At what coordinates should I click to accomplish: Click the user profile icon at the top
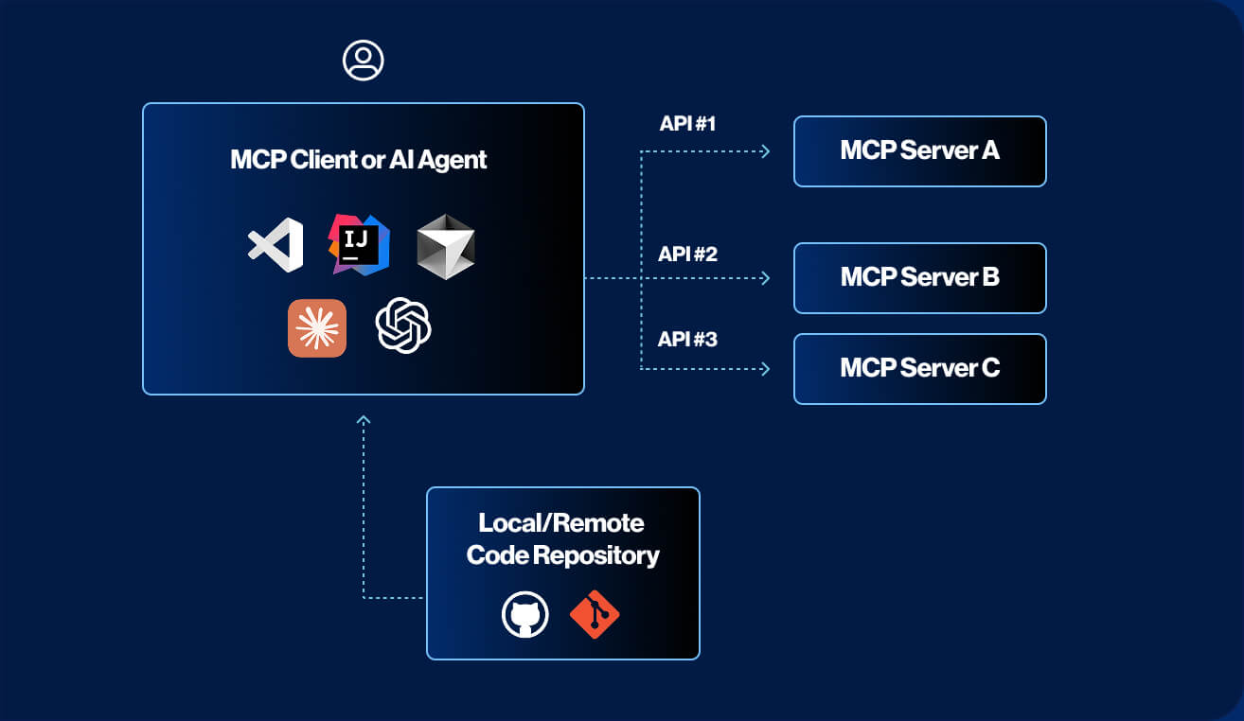(x=363, y=61)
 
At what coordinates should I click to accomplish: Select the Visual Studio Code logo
(x=275, y=245)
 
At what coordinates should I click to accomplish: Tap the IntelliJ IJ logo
(x=359, y=244)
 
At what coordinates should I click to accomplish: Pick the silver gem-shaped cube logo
(x=445, y=245)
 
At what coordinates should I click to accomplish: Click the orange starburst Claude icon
(x=317, y=327)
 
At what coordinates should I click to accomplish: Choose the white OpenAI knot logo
(x=403, y=325)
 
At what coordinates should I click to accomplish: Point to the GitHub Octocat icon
(x=524, y=615)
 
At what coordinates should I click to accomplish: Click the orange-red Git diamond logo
(x=595, y=614)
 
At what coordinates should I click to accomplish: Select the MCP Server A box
(x=919, y=151)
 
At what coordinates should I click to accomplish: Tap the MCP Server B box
(x=919, y=278)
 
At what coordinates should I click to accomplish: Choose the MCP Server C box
(x=919, y=369)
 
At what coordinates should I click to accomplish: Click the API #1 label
(x=688, y=125)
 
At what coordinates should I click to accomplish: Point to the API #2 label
(x=688, y=254)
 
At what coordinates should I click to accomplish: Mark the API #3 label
(x=688, y=339)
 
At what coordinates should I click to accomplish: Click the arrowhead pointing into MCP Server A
(x=765, y=151)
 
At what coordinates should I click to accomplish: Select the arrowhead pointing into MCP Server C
(x=765, y=369)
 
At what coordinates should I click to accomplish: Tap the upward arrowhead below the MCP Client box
(x=364, y=419)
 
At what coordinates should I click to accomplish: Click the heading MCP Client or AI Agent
(x=359, y=159)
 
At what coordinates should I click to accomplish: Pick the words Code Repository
(x=563, y=554)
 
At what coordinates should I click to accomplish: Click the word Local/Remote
(x=561, y=523)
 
